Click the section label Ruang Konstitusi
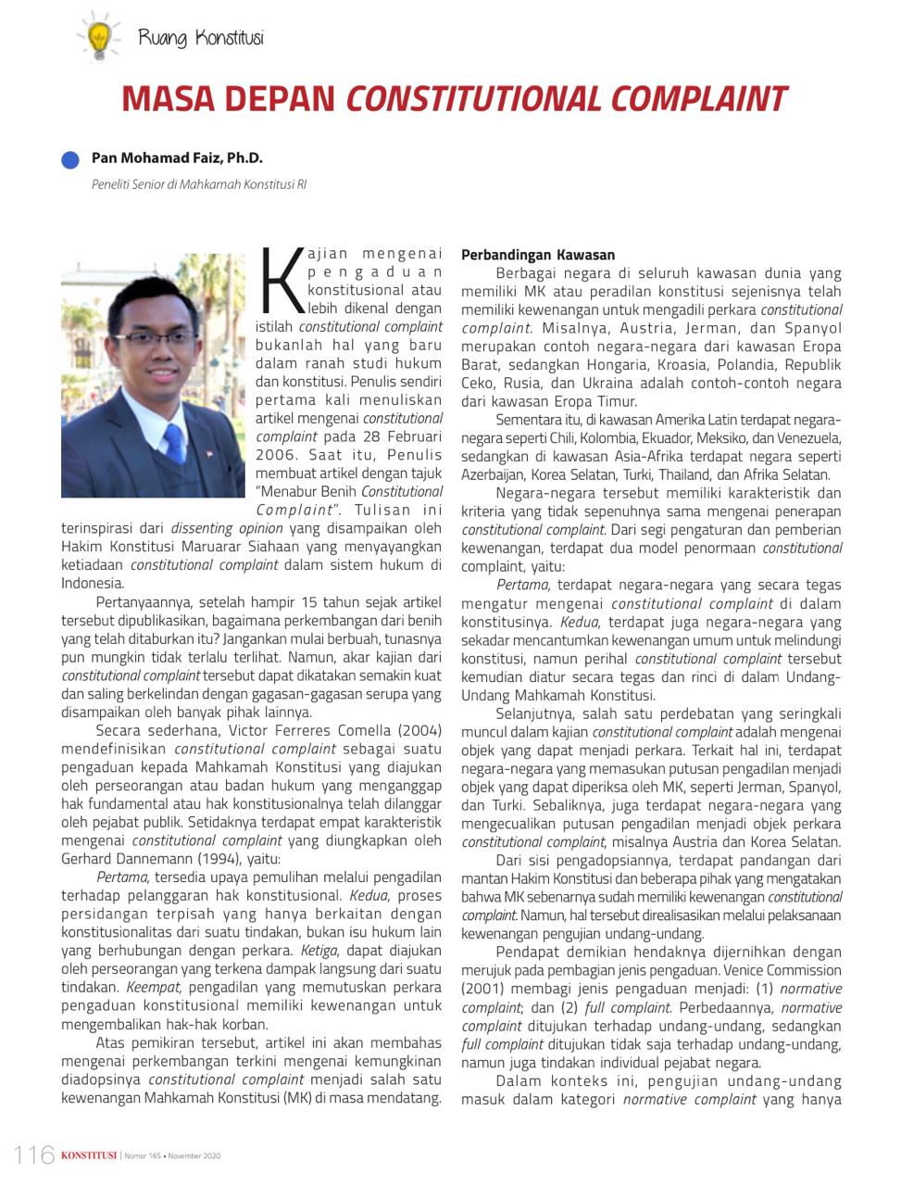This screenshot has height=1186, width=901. point(201,38)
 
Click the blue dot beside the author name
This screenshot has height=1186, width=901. point(71,159)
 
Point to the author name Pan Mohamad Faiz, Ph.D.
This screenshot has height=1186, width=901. point(177,158)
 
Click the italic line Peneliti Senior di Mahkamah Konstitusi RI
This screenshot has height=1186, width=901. point(199,183)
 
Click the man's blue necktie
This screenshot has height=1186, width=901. point(173,446)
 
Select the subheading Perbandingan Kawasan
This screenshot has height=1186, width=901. point(538,254)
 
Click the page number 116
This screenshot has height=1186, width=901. point(34,1154)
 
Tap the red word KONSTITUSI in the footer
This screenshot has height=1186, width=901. point(89,1155)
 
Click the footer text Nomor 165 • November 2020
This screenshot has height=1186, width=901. point(172,1155)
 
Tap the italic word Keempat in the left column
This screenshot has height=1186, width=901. point(152,987)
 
